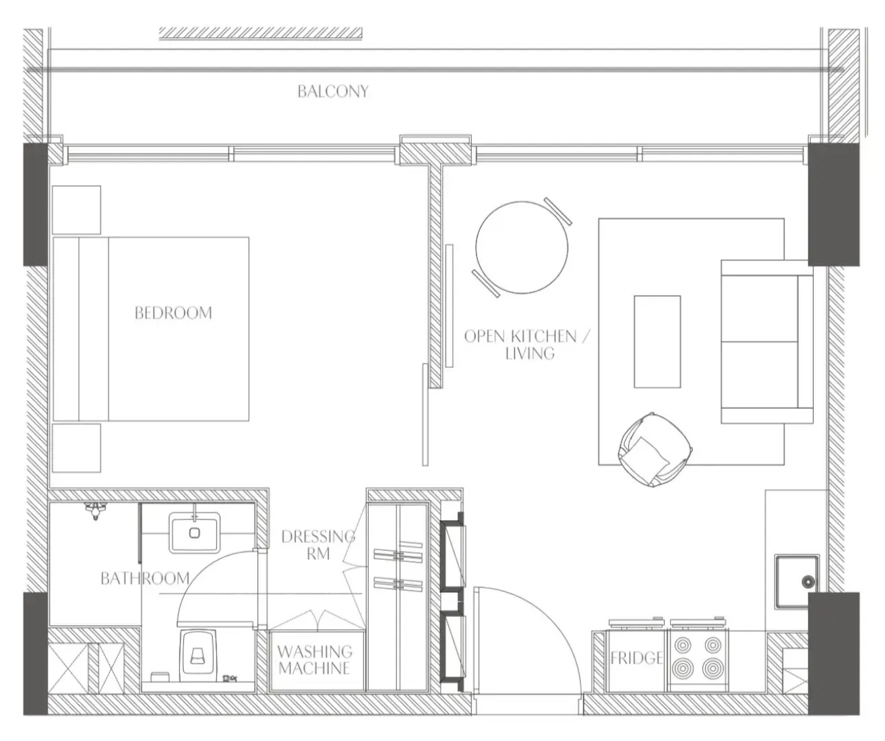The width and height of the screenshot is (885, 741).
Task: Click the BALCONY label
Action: (x=333, y=92)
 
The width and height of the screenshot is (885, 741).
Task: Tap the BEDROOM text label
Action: (x=173, y=313)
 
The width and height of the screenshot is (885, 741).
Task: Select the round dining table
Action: (x=521, y=247)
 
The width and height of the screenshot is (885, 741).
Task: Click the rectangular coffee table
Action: (x=657, y=342)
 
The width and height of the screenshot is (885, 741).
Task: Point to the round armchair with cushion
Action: (x=655, y=449)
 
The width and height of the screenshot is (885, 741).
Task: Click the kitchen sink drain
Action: (x=809, y=582)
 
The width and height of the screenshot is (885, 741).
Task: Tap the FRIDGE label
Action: (x=636, y=657)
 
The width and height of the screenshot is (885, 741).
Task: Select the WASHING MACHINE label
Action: (x=315, y=659)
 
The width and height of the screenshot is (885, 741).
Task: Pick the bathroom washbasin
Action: (x=195, y=533)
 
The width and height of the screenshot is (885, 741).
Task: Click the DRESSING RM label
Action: (x=318, y=545)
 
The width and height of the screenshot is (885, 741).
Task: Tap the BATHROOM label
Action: (x=145, y=578)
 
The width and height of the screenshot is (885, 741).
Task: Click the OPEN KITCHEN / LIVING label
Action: (x=527, y=344)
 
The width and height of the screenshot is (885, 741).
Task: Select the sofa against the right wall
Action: (x=767, y=342)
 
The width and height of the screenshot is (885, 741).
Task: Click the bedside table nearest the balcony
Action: (x=76, y=210)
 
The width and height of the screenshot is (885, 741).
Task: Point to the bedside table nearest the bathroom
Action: (x=76, y=448)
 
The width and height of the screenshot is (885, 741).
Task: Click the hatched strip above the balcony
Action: (x=261, y=34)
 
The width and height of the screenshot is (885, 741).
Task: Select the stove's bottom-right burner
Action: (x=712, y=668)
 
